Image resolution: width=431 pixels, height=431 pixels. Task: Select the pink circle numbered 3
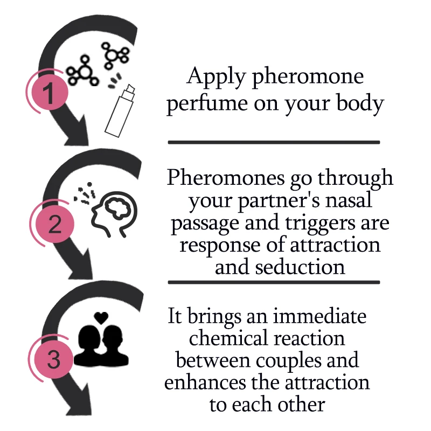[54, 360]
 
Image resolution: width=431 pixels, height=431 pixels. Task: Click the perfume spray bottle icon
[121, 110]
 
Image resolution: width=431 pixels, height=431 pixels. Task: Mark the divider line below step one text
[274, 142]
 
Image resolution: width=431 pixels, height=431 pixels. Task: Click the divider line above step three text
[274, 282]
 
